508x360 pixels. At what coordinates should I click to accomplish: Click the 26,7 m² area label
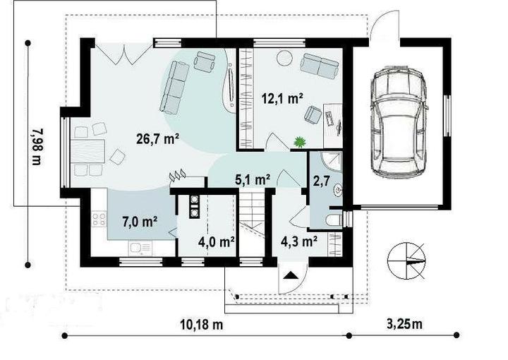click(158, 139)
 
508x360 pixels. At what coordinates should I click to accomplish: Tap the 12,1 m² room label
click(282, 98)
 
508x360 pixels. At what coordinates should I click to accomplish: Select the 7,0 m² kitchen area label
click(140, 222)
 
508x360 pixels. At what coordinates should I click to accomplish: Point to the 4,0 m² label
click(217, 241)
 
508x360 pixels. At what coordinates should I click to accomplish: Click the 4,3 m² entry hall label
click(298, 241)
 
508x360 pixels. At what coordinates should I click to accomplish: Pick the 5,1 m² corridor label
click(253, 179)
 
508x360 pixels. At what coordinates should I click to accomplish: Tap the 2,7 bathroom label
click(322, 181)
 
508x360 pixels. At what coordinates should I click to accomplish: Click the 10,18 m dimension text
click(202, 324)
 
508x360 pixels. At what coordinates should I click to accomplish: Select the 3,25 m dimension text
click(405, 323)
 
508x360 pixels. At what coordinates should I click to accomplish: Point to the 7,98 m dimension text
click(37, 147)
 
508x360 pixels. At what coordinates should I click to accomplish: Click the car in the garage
click(399, 122)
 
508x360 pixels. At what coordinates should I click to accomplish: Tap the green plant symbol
click(300, 143)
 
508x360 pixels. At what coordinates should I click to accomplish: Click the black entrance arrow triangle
click(291, 275)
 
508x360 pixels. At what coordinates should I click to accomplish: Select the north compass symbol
click(406, 260)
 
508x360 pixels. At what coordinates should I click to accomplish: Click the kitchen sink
click(140, 248)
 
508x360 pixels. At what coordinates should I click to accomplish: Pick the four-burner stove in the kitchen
click(99, 219)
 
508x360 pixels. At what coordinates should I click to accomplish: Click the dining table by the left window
click(87, 151)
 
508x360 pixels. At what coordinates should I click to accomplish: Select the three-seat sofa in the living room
click(175, 88)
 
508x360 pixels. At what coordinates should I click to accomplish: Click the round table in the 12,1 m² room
click(285, 58)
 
